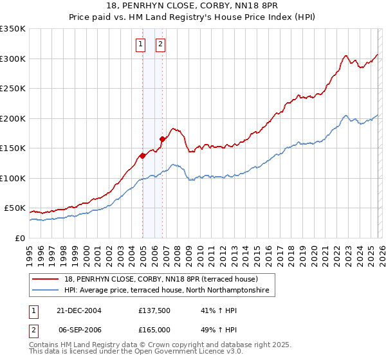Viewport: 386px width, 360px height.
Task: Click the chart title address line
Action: click(x=192, y=7)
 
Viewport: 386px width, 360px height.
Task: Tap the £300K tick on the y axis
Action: click(x=13, y=59)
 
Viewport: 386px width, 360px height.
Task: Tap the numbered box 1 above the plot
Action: click(x=140, y=44)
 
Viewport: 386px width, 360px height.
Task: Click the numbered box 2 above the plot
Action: click(x=160, y=44)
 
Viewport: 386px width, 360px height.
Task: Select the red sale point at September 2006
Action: click(x=162, y=139)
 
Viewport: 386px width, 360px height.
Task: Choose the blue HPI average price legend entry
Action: click(x=170, y=291)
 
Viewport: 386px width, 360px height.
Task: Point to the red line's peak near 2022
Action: click(x=346, y=56)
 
